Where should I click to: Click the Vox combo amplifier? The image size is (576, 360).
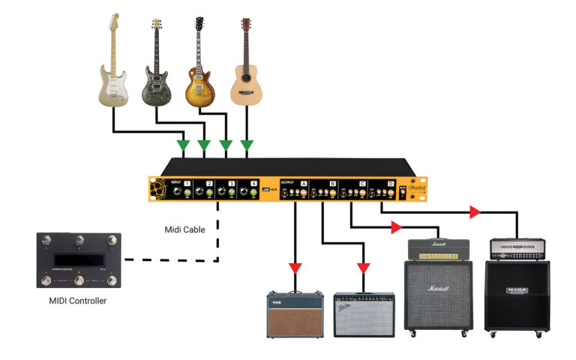point(295,315)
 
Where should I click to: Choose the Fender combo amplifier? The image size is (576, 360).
point(364,314)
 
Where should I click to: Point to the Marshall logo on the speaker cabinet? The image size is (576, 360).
point(439,289)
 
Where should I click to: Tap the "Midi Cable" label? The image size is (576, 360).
point(184,229)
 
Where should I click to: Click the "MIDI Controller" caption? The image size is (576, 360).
point(78,301)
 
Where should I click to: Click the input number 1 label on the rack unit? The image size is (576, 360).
point(187,183)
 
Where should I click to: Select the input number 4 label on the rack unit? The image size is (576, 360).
point(253,183)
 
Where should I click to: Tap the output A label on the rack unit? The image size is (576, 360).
point(304,183)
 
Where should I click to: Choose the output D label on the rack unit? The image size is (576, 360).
point(390,183)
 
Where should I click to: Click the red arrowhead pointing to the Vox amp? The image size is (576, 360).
point(295,268)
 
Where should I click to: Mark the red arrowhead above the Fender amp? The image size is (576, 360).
point(363,268)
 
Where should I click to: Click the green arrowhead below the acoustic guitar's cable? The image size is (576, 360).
point(247,144)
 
